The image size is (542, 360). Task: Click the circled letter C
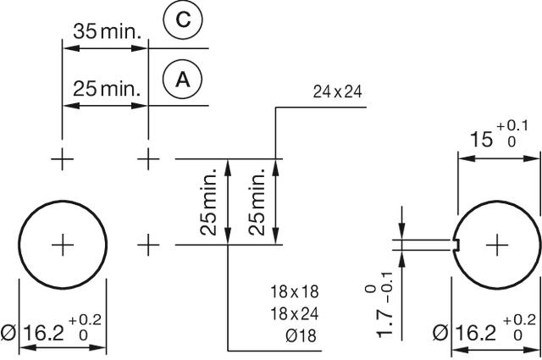point(182,24)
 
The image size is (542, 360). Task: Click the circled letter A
point(182,80)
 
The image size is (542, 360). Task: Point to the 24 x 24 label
point(337,91)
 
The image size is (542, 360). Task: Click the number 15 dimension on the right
point(478,137)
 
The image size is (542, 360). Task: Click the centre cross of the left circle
point(63,245)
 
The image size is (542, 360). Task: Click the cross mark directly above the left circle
point(63,158)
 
